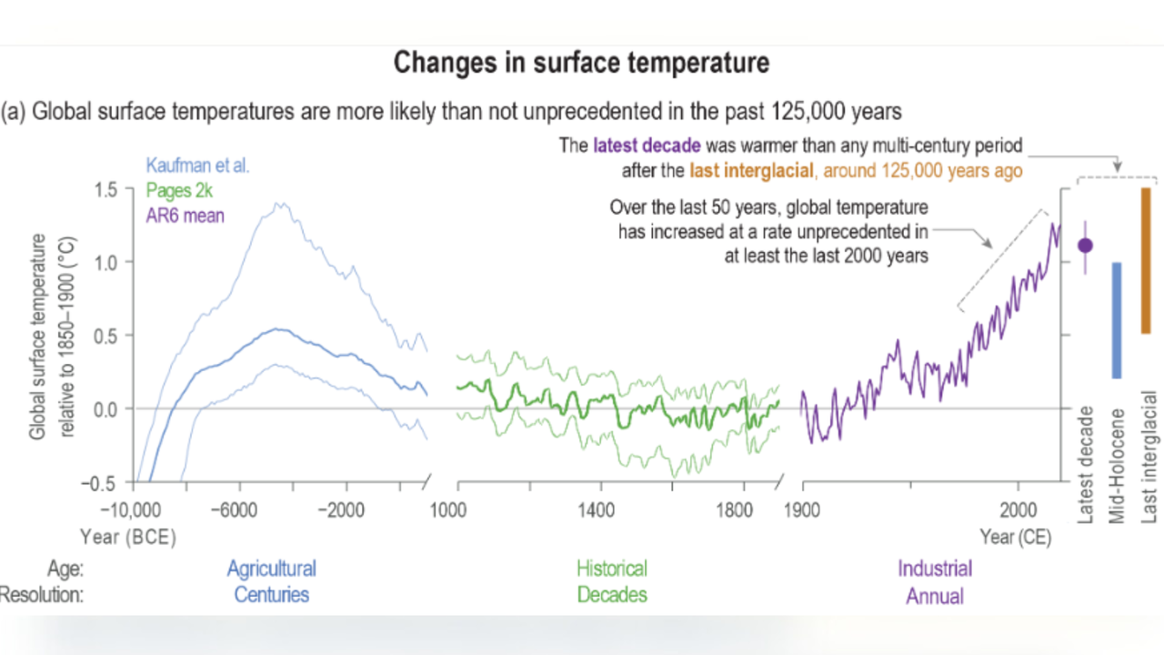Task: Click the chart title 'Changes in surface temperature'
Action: click(581, 64)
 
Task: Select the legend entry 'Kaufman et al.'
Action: click(197, 166)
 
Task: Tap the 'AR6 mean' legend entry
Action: click(186, 216)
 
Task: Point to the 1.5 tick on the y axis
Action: click(107, 188)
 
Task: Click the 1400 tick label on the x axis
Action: click(597, 510)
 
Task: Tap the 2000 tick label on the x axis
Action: click(1018, 510)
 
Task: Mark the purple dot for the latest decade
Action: click(1085, 245)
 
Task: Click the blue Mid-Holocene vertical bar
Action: click(1116, 320)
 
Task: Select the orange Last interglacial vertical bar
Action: click(1146, 260)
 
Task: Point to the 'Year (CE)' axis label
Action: click(1016, 538)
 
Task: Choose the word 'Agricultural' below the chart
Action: click(271, 569)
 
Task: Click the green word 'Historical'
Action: click(612, 569)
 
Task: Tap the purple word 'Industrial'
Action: click(935, 569)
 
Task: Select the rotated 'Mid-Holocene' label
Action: click(1117, 466)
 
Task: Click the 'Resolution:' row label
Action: click(42, 595)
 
